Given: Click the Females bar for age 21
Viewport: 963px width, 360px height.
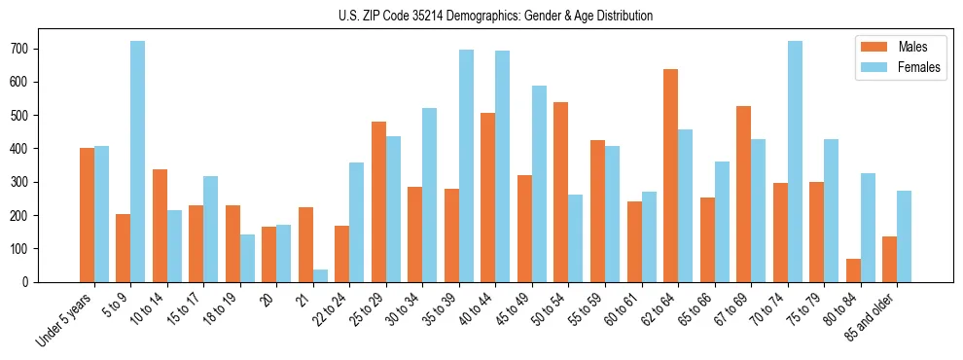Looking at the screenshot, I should (320, 275).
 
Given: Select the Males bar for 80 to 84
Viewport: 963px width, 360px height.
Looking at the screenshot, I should (853, 270).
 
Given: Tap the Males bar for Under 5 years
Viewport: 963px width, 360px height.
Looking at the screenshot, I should (87, 215).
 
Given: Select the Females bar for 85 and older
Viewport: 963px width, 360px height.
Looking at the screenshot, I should (904, 236).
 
